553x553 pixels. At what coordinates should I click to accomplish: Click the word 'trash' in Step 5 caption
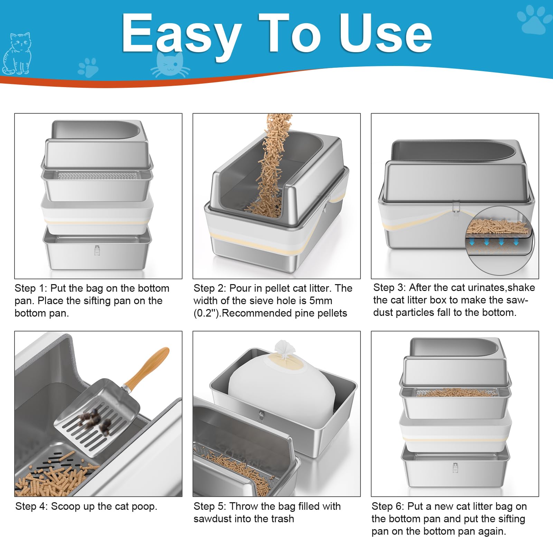[282, 519]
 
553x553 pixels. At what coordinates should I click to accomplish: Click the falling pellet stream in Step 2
[273, 162]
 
